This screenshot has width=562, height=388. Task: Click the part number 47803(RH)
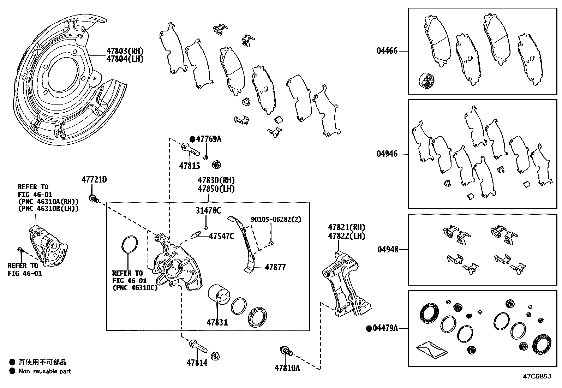pos(125,51)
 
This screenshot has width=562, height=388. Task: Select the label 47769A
pos(209,139)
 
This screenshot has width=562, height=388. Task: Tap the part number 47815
pos(189,166)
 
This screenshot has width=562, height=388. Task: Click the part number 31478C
pos(208,211)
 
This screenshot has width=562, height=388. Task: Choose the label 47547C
pos(221,236)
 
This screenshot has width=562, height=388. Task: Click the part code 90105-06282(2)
pos(276,219)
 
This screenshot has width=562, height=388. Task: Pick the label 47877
pos(275,267)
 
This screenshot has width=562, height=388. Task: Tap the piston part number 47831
pos(217,322)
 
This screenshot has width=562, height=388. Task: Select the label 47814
pos(197,362)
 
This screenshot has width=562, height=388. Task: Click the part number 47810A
pos(287,368)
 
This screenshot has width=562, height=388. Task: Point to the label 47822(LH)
pos(346,236)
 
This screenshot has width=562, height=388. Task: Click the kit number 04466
pos(387,51)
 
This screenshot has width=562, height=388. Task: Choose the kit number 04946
pos(387,154)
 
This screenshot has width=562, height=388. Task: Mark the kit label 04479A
pos(385,328)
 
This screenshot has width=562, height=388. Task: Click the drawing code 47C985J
pos(537,376)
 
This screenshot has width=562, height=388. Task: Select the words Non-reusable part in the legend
pos(45,371)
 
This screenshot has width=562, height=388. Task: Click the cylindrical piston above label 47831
pos(219,294)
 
